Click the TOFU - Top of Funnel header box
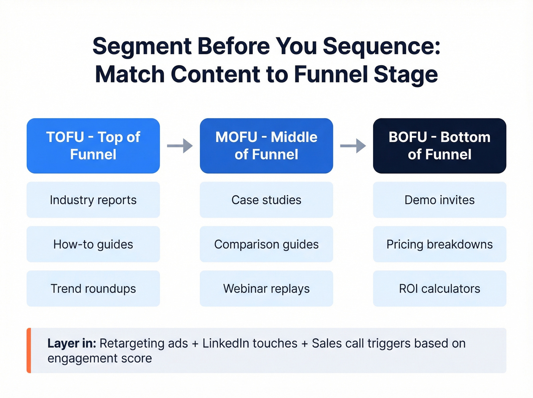[x=93, y=146]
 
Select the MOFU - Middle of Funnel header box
[x=266, y=146]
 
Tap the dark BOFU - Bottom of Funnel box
[x=440, y=146]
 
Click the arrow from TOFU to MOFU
[x=180, y=145]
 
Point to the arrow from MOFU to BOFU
[x=353, y=145]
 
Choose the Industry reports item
[x=93, y=200]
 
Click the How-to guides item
[x=93, y=244]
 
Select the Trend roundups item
[x=93, y=289]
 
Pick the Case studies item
[x=266, y=200]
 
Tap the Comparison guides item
[x=266, y=244]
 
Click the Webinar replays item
[x=266, y=289]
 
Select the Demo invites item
[x=440, y=200]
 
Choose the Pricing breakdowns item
[x=440, y=244]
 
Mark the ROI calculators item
[x=440, y=289]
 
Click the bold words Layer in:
[x=72, y=344]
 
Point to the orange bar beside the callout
[x=29, y=350]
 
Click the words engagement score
[x=100, y=358]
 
